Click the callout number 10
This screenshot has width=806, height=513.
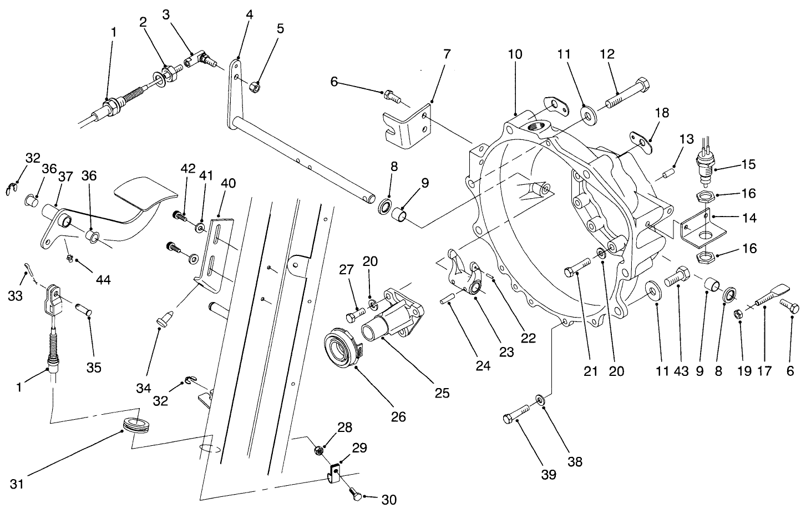click(515, 54)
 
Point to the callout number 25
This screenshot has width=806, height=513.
click(442, 393)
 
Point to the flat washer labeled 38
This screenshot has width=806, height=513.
click(540, 399)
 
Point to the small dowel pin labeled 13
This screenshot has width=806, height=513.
click(666, 175)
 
